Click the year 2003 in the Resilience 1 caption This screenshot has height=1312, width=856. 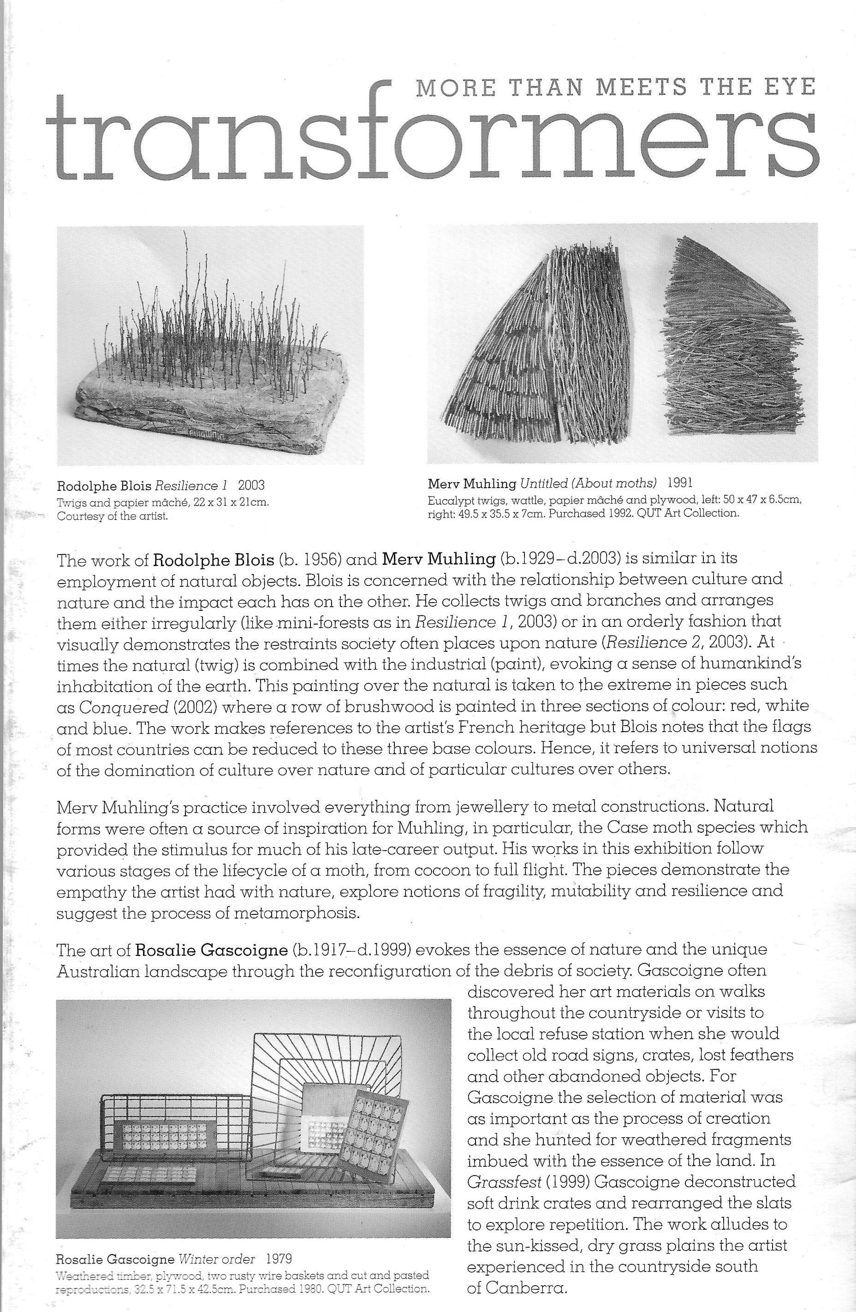[x=251, y=486]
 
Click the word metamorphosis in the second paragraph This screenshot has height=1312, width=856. [x=297, y=913]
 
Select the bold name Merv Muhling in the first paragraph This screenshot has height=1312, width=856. [x=439, y=559]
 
